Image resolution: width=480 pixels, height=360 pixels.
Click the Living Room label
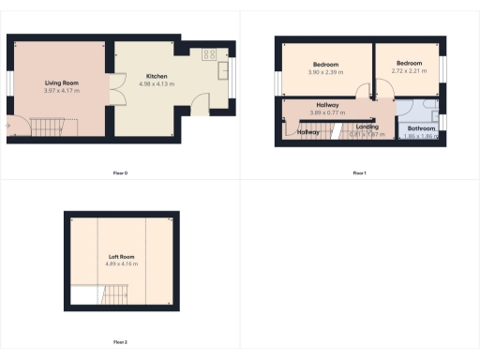click(x=60, y=82)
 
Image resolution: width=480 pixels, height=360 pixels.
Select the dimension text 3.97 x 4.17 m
click(x=60, y=91)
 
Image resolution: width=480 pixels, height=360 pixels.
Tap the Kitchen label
click(x=157, y=75)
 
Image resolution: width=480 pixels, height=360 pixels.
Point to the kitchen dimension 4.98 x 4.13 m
click(x=157, y=83)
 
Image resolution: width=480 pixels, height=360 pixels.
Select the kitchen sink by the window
click(x=225, y=70)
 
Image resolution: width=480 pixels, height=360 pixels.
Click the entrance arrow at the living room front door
click(x=9, y=122)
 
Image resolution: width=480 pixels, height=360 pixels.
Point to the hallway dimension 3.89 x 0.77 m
click(x=328, y=112)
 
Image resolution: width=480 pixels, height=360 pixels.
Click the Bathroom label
click(x=421, y=128)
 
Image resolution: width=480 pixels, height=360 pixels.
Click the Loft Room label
click(x=122, y=256)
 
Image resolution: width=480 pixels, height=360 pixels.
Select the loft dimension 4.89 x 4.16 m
click(x=122, y=264)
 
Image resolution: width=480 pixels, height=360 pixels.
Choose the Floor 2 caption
click(x=119, y=342)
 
